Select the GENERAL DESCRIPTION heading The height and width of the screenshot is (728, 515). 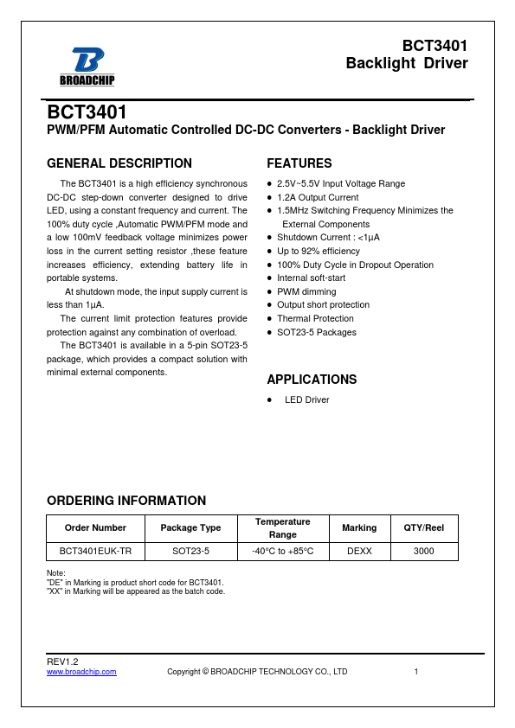119,163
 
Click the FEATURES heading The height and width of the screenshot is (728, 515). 299,163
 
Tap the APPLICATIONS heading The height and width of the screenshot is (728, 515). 311,380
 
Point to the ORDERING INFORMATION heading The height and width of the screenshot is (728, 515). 126,501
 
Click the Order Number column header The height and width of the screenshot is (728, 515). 95,527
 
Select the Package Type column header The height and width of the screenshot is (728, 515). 190,527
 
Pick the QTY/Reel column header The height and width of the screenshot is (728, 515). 424,527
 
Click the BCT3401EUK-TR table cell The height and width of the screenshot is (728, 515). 95,551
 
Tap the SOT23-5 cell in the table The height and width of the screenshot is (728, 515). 190,551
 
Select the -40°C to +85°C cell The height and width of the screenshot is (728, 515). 282,551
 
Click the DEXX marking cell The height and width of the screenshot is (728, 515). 359,551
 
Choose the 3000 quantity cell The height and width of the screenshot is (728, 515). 424,551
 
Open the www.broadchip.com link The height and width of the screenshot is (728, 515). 81,672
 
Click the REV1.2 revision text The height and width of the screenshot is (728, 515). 61,661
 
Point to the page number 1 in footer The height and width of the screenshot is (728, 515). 416,672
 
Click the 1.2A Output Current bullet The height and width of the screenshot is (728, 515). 317,197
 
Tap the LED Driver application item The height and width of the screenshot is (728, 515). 306,400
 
